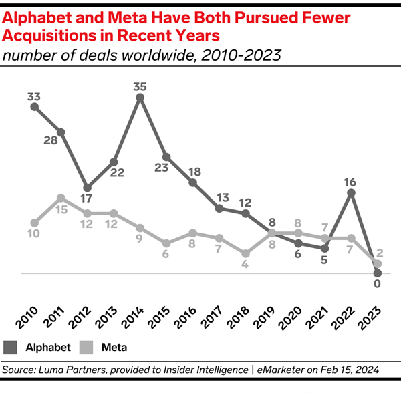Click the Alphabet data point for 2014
pyautogui.click(x=140, y=98)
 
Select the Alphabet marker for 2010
pyautogui.click(x=34, y=107)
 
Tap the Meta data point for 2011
pyautogui.click(x=61, y=198)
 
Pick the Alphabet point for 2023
pyautogui.click(x=378, y=273)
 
